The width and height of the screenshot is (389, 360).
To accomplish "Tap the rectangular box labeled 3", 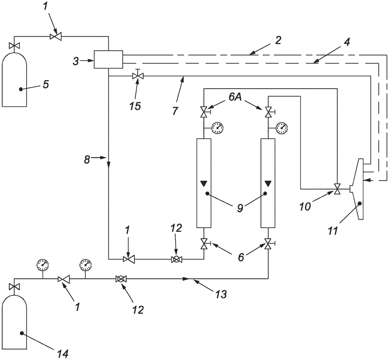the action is pos(108,59).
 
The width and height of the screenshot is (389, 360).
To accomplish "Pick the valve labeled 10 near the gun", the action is pos(337,189).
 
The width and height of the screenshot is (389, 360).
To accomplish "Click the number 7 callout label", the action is pos(175,111).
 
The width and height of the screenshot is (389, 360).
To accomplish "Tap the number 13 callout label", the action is pos(221,294).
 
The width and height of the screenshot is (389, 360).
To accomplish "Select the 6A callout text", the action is pos(235,97).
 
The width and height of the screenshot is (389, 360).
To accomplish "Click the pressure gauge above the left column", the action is pos(218,128).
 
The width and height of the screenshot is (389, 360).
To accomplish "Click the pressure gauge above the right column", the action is pos(282,128).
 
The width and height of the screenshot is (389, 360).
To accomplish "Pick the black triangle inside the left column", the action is pos(204,184).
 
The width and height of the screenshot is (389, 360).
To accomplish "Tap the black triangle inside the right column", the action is pos(268,184).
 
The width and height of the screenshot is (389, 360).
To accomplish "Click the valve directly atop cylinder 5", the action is pos(14,46).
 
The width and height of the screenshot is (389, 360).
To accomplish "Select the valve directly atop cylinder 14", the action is pos(14,287).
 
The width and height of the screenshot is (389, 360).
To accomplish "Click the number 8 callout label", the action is pos(87,160).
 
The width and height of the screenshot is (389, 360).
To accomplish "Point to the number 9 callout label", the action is pos(240,208).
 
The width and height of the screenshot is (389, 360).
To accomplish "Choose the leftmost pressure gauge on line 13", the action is pos(42,265).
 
